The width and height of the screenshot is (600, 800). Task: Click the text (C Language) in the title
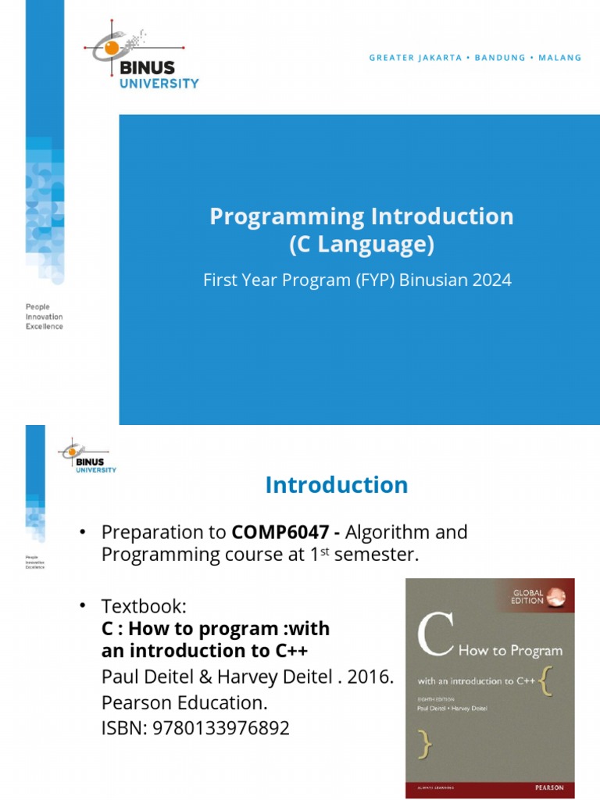pos(361,245)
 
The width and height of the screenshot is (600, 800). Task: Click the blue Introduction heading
pos(336,485)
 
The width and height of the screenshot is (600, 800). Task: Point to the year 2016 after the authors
pos(370,677)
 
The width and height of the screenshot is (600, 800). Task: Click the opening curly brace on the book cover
pos(549,680)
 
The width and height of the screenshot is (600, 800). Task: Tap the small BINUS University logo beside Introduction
pos(88,457)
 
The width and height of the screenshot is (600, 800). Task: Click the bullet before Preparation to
pos(80,533)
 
